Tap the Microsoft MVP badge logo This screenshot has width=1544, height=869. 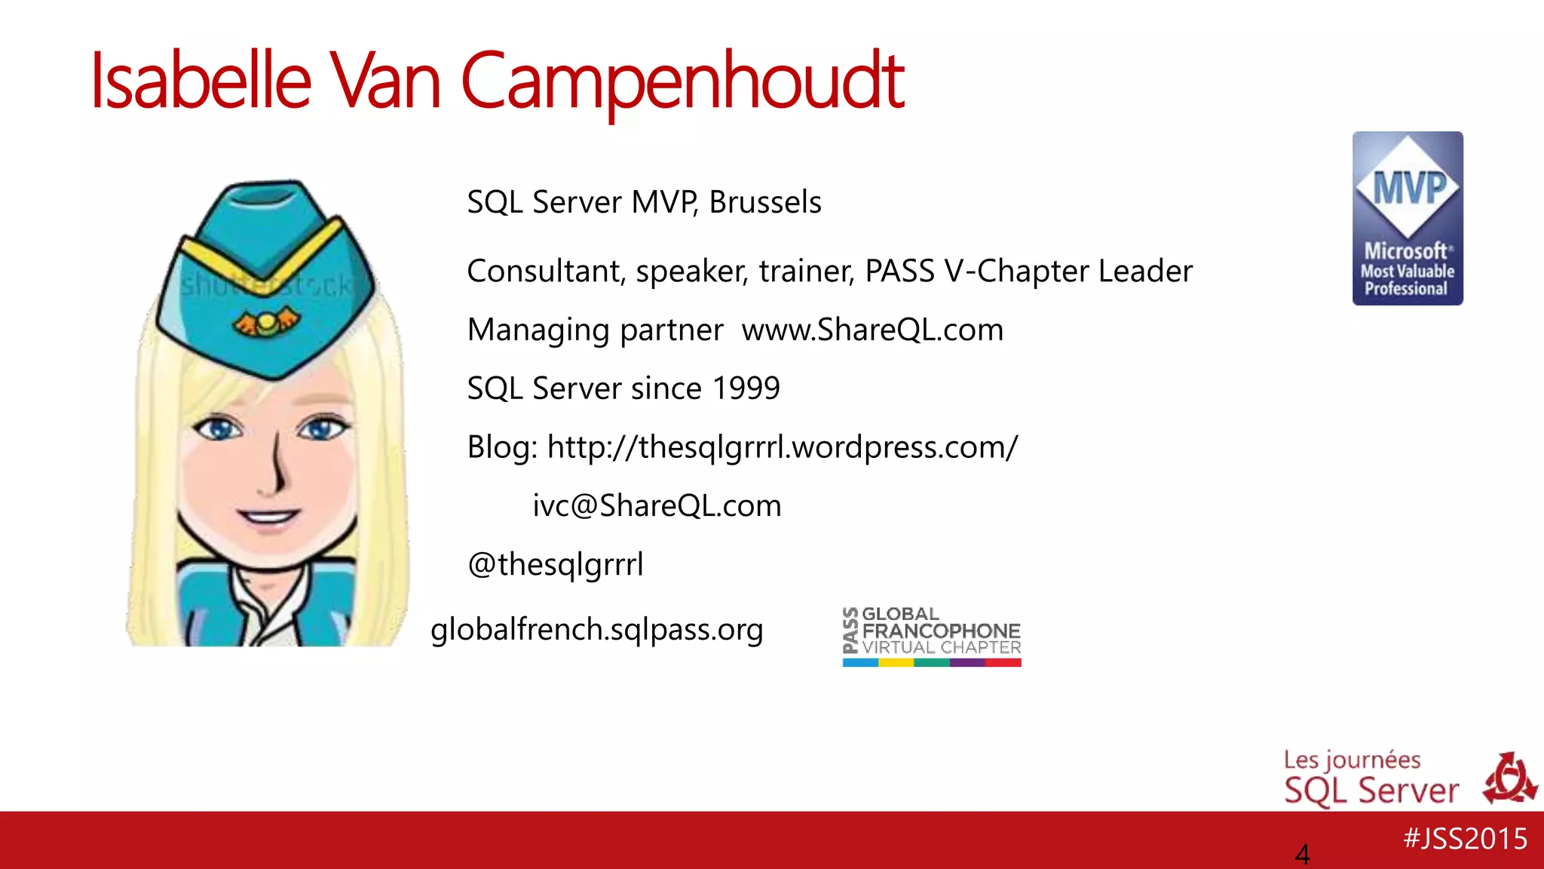[1408, 218]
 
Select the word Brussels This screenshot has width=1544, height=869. [765, 202]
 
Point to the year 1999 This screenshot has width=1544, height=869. [746, 388]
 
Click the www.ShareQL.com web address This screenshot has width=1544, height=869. [872, 330]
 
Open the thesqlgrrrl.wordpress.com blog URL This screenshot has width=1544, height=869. [783, 447]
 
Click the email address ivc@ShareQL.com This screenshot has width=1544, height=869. [657, 505]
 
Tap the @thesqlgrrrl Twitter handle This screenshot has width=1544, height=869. [556, 564]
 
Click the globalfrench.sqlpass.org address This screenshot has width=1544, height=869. [596, 629]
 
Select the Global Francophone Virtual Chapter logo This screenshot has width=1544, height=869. [932, 636]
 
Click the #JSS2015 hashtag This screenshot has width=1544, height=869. [1465, 839]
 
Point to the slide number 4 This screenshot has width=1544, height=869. [1302, 855]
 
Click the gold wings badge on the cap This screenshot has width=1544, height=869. [265, 324]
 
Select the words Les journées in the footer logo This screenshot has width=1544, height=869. [1352, 760]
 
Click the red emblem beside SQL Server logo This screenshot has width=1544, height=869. [1509, 778]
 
